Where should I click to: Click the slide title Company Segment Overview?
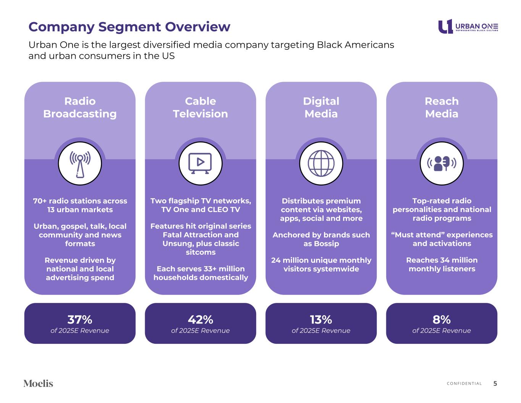tap(129, 27)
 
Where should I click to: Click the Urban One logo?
tap(468, 27)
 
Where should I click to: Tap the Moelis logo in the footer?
tap(38, 384)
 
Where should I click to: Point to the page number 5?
tap(495, 384)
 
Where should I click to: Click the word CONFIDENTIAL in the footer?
tap(464, 384)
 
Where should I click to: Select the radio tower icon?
tap(80, 163)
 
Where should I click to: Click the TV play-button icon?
tap(200, 163)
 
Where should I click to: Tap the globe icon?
tap(321, 163)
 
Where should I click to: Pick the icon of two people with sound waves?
tap(442, 163)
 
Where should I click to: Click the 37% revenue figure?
tap(80, 319)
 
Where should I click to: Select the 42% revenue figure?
tap(200, 319)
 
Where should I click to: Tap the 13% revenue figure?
tap(321, 319)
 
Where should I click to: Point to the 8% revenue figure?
tap(442, 319)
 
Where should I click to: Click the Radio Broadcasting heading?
tap(80, 107)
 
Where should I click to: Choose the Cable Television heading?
tap(200, 107)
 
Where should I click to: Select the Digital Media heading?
tap(321, 107)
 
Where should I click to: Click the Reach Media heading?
tap(442, 107)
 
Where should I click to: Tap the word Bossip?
tap(326, 244)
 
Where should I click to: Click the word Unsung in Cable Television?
tap(175, 244)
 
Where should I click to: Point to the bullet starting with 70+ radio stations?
tap(80, 205)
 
